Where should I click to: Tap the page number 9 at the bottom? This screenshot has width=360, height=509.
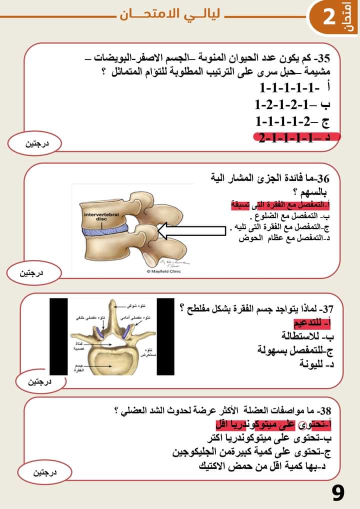(338, 493)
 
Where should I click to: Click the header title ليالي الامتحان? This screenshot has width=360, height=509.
(170, 15)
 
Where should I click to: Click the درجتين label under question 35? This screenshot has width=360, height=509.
(37, 144)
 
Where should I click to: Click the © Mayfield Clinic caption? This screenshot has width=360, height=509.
(163, 271)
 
